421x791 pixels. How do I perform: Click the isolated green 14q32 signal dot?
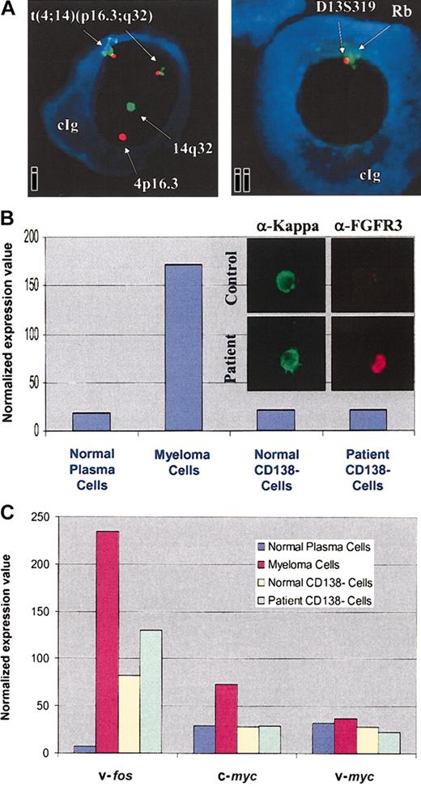pyautogui.click(x=130, y=106)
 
